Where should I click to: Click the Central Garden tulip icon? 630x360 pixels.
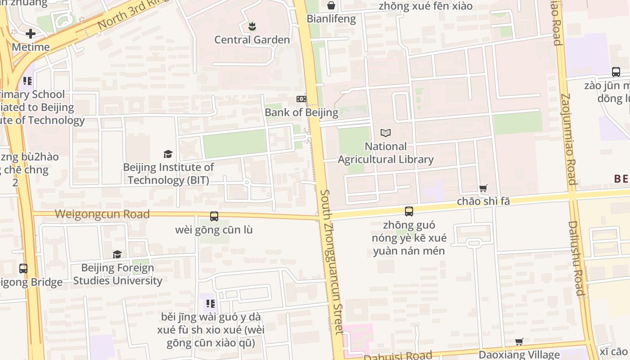252,27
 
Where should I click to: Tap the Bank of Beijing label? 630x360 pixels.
301,112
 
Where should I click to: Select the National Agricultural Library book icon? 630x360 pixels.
386,133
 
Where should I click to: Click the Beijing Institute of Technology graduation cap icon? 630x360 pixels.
168,154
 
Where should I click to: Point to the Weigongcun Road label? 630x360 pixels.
102,214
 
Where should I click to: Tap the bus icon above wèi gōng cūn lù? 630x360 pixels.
214,216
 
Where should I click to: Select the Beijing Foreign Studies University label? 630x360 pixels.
117,274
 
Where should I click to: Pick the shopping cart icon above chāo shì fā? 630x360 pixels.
483,189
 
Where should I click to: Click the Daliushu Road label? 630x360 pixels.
576,258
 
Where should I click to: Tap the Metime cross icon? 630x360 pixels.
31,34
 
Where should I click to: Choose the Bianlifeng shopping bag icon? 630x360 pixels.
331,5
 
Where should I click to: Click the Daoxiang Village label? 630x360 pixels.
519,355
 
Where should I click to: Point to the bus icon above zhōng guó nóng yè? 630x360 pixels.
409,211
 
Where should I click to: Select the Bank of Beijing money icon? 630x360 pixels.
301,99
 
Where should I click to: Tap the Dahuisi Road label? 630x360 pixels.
397,356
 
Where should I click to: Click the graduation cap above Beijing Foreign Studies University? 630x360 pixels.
117,255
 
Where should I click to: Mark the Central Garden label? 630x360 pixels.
252,40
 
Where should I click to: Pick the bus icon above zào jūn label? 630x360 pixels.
616,72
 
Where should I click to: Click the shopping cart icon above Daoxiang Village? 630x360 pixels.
519,342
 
